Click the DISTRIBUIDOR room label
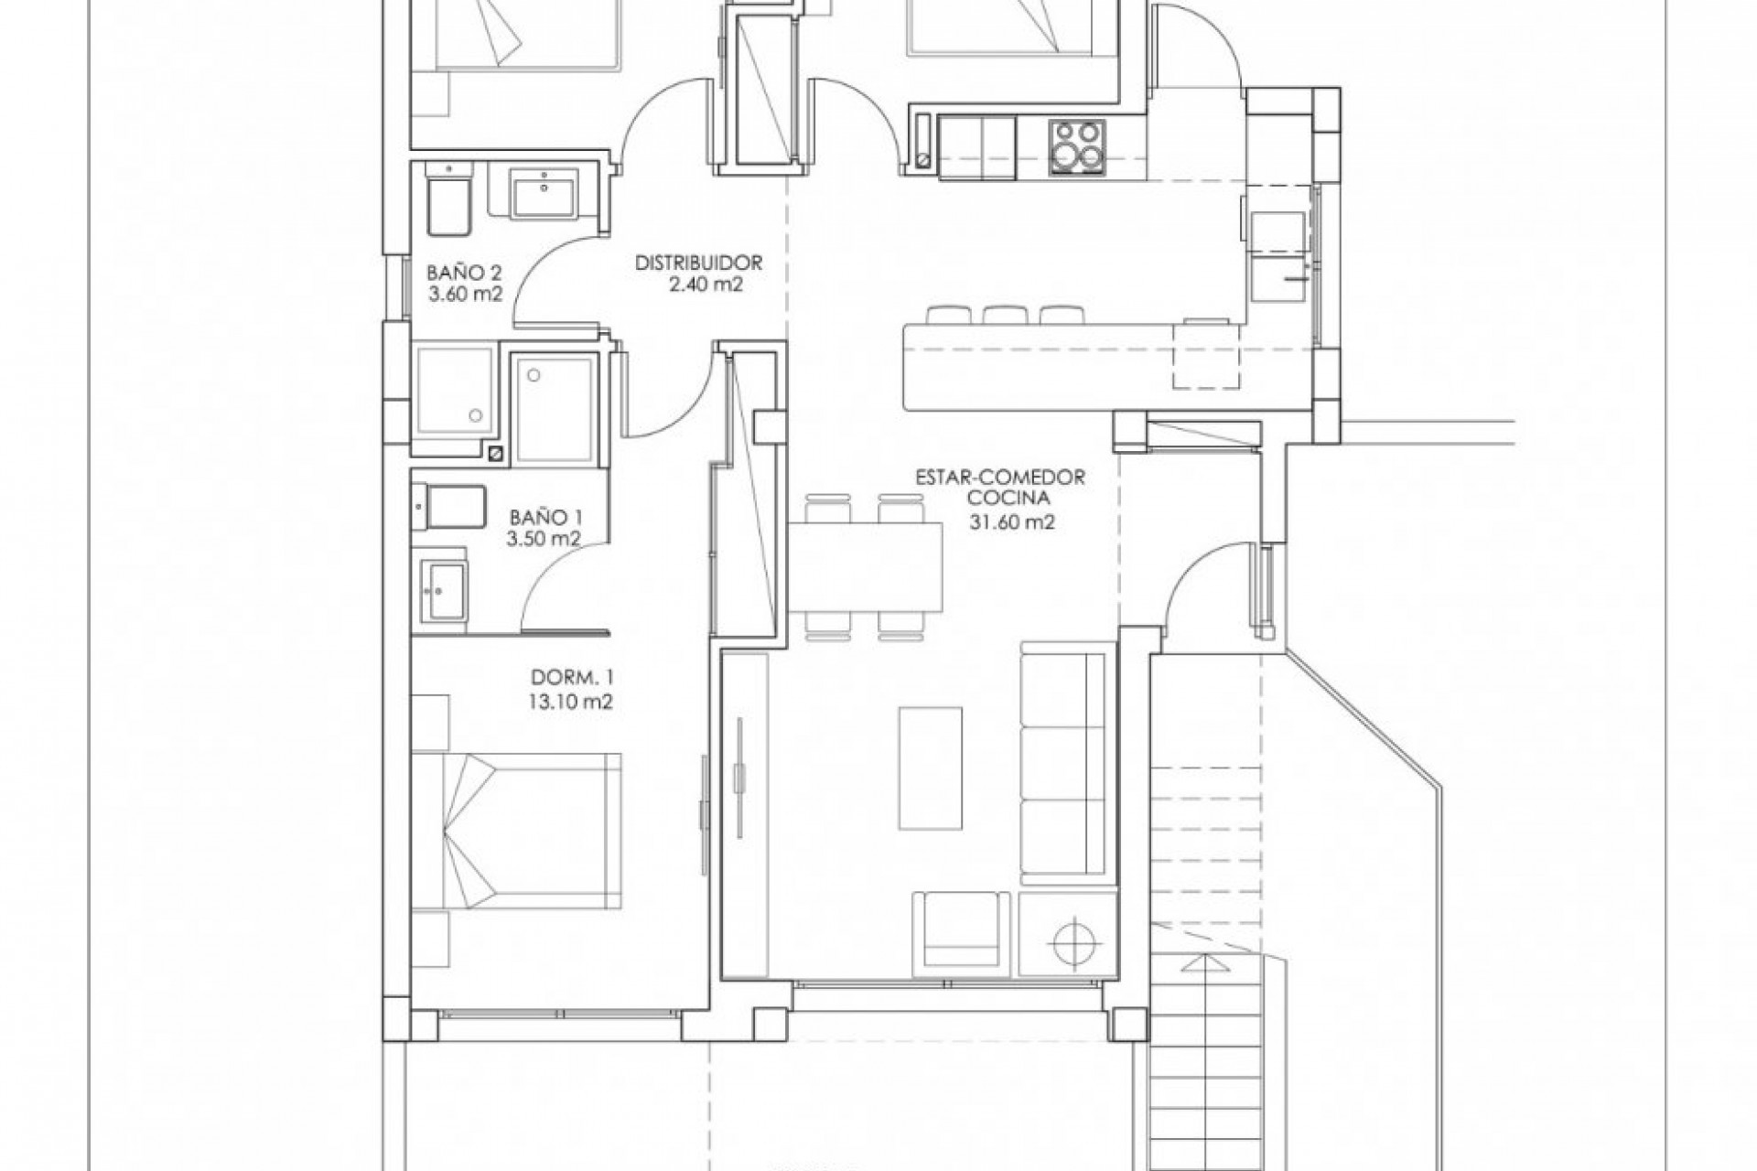tap(699, 263)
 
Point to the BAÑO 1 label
tap(546, 517)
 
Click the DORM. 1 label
tap(573, 679)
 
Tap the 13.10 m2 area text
tap(573, 702)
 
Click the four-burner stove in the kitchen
tap(1076, 146)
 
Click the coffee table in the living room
tap(931, 767)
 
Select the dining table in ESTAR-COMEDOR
tap(865, 566)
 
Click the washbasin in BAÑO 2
tap(544, 194)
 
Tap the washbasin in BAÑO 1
tap(443, 590)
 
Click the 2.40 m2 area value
tap(699, 285)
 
